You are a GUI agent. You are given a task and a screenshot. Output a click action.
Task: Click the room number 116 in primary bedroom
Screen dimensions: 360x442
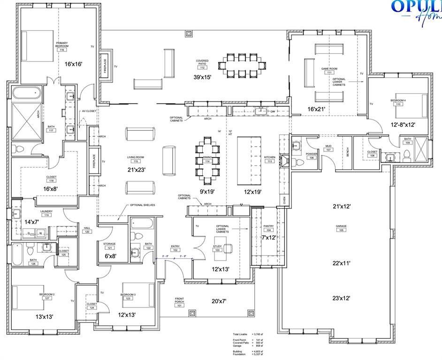[62, 50]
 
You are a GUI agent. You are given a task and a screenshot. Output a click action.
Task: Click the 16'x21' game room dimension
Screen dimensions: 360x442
[316, 109]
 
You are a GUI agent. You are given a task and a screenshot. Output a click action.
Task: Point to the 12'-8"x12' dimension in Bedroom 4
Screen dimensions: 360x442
[403, 125]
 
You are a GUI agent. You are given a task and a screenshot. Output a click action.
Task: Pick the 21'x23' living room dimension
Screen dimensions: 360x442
[137, 170]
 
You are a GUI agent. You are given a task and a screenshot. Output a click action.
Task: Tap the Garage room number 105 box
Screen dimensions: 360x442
[341, 230]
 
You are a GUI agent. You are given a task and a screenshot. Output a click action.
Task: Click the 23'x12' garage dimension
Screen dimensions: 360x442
[342, 298]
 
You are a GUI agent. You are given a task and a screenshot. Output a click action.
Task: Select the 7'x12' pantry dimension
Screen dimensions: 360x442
[268, 238]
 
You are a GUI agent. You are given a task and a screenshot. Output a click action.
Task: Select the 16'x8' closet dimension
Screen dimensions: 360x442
[51, 188]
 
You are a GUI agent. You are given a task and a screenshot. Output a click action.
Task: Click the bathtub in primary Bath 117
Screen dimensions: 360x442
[27, 92]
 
